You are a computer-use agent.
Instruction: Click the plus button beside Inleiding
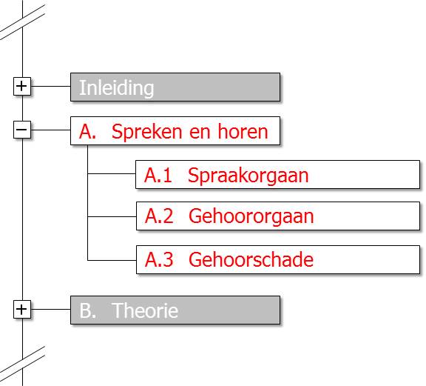click(x=21, y=86)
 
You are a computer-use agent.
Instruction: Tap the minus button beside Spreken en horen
click(x=21, y=130)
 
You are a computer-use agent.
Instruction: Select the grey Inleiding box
click(x=175, y=87)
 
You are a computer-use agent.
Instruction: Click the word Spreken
click(x=146, y=133)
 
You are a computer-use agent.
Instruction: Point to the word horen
click(x=243, y=131)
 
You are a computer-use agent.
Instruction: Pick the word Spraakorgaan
click(x=248, y=176)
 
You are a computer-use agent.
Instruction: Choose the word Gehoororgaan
click(x=251, y=217)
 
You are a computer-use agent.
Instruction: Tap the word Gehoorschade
click(x=251, y=259)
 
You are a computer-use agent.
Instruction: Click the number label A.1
click(x=158, y=175)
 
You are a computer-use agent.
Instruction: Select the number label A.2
click(x=159, y=216)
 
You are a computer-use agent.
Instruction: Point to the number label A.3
click(x=159, y=259)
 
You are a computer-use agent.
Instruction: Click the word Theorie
click(x=145, y=310)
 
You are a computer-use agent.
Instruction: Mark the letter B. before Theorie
click(x=88, y=310)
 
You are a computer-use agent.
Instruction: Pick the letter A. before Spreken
click(x=87, y=131)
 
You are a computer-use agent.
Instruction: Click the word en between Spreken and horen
click(x=200, y=133)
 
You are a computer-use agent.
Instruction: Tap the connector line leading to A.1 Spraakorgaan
click(x=112, y=173)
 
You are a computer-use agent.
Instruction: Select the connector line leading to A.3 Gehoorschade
click(x=112, y=260)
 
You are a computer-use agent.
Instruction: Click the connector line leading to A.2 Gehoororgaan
click(x=112, y=216)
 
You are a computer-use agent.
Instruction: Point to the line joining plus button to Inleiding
click(x=50, y=86)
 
